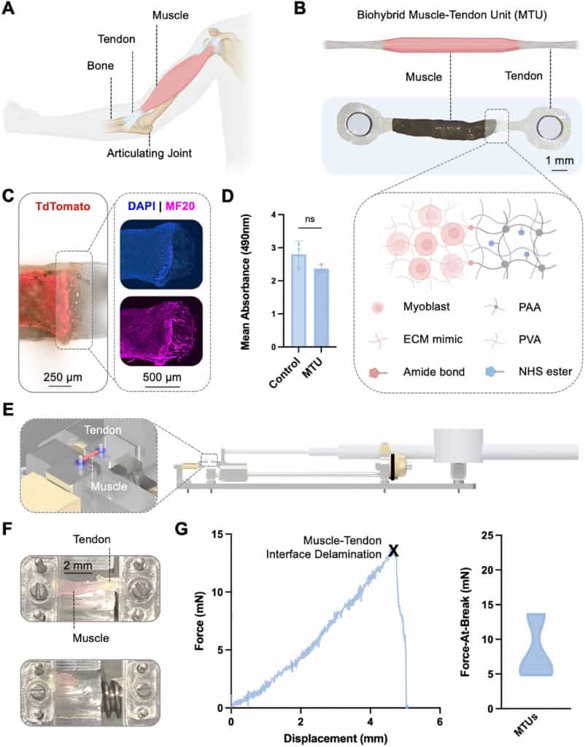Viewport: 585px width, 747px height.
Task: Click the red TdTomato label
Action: [x=55, y=206]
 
